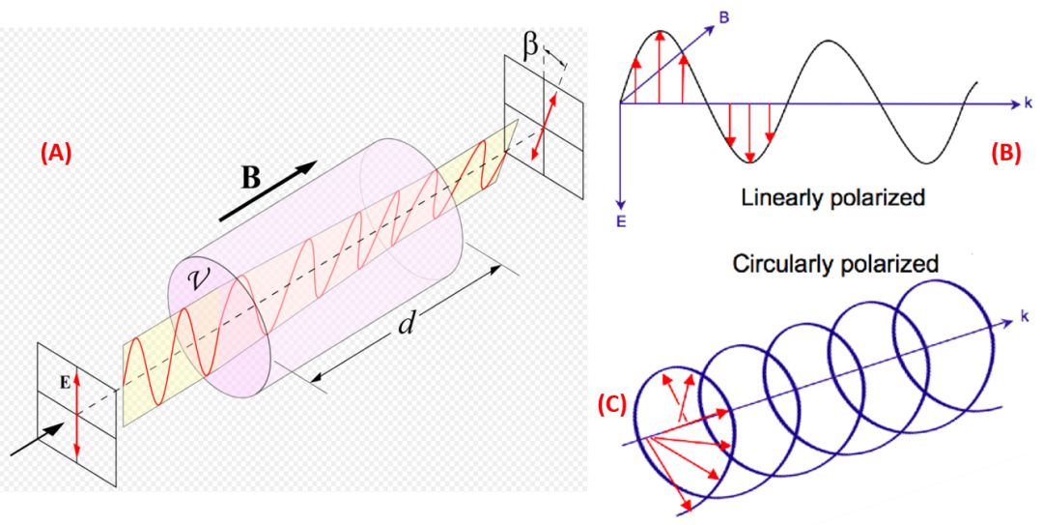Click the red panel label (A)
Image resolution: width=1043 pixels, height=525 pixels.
[x=55, y=153]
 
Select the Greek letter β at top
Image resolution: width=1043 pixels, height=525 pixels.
[x=531, y=44]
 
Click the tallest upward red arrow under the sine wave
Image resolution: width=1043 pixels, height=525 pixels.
[x=659, y=67]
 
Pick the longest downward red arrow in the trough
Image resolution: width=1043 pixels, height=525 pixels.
[x=749, y=131]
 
